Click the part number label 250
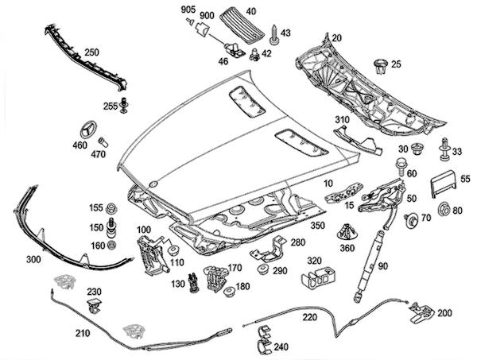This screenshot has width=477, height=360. point(91,52)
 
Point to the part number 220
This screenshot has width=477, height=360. point(309,317)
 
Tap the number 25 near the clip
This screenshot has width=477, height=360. point(396,63)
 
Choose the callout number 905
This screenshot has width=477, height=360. point(188,9)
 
